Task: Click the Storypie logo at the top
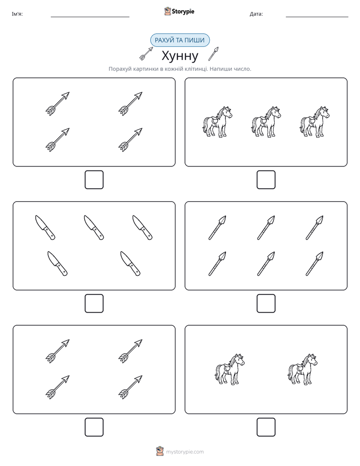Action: pyautogui.click(x=179, y=11)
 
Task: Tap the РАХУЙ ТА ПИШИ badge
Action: pyautogui.click(x=179, y=40)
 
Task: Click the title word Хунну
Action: pyautogui.click(x=179, y=55)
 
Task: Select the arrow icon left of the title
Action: pyautogui.click(x=146, y=53)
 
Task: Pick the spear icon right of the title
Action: pyautogui.click(x=213, y=53)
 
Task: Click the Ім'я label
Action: pyautogui.click(x=17, y=14)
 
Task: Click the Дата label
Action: pyautogui.click(x=256, y=14)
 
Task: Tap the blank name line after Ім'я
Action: pyautogui.click(x=90, y=17)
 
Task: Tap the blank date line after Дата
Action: pyautogui.click(x=317, y=17)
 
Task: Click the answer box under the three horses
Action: pyautogui.click(x=266, y=180)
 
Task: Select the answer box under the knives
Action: pyautogui.click(x=94, y=304)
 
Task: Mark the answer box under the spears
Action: pyautogui.click(x=266, y=304)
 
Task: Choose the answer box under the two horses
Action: pyautogui.click(x=266, y=427)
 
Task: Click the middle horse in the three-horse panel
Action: pyautogui.click(x=266, y=122)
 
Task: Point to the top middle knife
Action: pyautogui.click(x=94, y=227)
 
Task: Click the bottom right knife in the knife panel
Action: pyautogui.click(x=131, y=264)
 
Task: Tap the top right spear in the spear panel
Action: pyautogui.click(x=315, y=227)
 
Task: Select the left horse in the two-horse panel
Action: pyautogui.click(x=229, y=369)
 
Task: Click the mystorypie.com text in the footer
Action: pyautogui.click(x=185, y=452)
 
